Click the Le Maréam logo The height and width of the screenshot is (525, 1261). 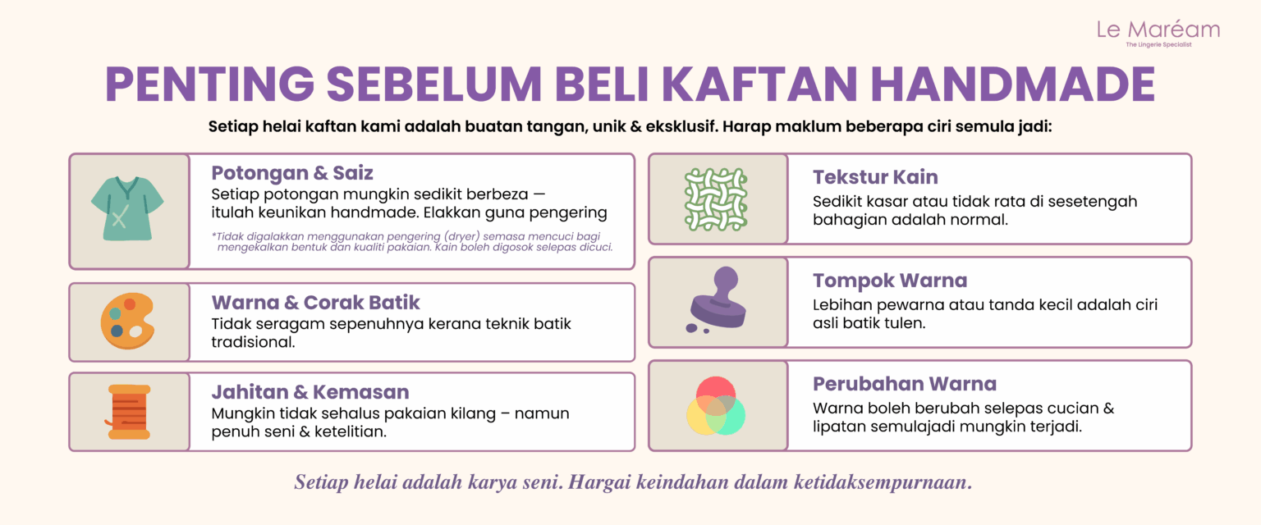point(1158,33)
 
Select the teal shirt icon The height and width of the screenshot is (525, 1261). point(127,208)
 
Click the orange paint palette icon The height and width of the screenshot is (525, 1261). point(127,321)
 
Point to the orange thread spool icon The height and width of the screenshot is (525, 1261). point(128,412)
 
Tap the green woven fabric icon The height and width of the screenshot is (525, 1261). point(716,200)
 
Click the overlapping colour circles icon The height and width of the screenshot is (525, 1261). point(716,406)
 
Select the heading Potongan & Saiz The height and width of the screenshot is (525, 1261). point(292,173)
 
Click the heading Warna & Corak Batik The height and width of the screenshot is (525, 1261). point(315,302)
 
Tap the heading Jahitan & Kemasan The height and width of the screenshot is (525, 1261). point(310,391)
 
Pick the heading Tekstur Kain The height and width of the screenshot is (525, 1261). point(875,176)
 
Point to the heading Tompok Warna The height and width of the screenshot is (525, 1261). point(889,281)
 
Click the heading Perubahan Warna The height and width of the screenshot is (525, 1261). point(904,384)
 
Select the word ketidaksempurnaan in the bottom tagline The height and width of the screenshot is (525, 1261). point(883,482)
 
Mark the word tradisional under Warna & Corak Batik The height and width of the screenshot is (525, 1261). point(253,342)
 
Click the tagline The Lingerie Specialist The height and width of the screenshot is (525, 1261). point(1158,44)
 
